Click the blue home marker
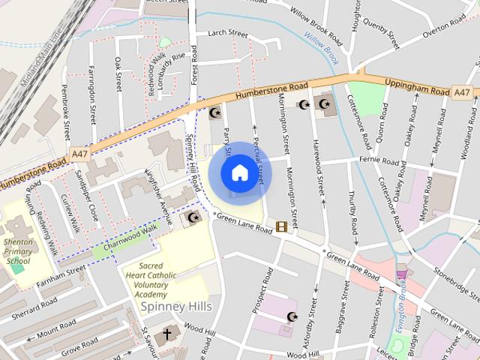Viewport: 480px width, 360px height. [239, 172]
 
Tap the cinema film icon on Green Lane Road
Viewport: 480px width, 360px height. [281, 226]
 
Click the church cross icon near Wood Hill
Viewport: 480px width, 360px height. [166, 334]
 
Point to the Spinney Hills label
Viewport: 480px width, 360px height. [180, 307]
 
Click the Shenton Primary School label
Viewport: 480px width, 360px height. [19, 250]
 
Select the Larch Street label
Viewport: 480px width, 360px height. [227, 34]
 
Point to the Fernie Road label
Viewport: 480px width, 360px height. [378, 160]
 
